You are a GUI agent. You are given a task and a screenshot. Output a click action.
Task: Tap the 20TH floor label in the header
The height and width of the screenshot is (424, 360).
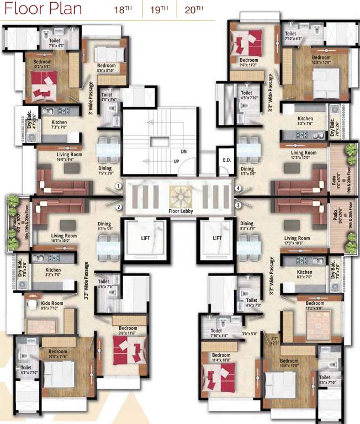click(x=194, y=9)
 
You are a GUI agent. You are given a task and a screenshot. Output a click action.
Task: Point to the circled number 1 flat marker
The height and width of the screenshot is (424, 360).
click(x=119, y=187)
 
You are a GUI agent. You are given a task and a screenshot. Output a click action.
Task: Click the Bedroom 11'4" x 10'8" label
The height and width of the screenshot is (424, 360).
click(x=221, y=358)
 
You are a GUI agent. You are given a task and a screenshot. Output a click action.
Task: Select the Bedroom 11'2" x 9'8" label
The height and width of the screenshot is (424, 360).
click(x=315, y=306)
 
